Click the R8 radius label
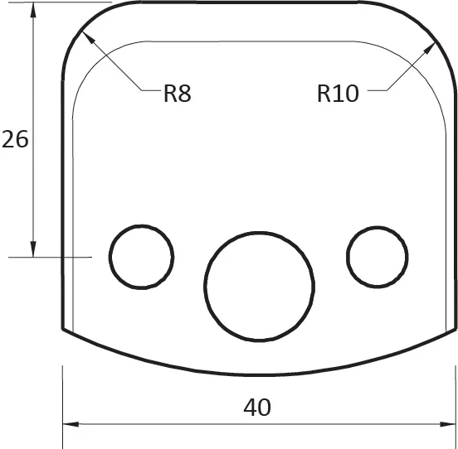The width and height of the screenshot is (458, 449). pyautogui.click(x=178, y=94)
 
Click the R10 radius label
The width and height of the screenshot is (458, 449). pyautogui.click(x=338, y=94)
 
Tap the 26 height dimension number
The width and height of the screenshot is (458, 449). pyautogui.click(x=15, y=139)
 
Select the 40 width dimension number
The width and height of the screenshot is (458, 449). pyautogui.click(x=257, y=408)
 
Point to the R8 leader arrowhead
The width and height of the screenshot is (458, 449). pyautogui.click(x=88, y=37)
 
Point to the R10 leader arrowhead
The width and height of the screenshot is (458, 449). pyautogui.click(x=429, y=48)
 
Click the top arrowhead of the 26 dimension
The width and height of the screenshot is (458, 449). pyautogui.click(x=33, y=10)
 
